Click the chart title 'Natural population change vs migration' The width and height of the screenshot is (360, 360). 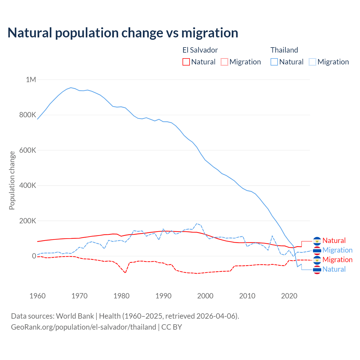(123, 33)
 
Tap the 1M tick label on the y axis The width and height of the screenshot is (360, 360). (31, 80)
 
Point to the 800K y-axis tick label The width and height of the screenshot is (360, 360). (28, 115)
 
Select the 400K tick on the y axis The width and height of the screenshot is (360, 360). (28, 185)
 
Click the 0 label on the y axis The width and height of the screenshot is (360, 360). (34, 256)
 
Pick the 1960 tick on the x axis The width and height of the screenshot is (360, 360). (37, 296)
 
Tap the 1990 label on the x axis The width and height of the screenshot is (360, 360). (163, 296)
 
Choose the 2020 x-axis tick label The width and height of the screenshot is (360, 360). (289, 296)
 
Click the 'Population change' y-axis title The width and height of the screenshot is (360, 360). (12, 180)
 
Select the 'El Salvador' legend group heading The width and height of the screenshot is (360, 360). (200, 50)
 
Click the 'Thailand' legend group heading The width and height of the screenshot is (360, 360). (284, 50)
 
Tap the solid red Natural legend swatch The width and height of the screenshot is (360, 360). (186, 62)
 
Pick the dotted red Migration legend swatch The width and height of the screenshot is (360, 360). (224, 62)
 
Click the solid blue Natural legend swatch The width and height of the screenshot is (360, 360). (274, 62)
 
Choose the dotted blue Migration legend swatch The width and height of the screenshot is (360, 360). (312, 62)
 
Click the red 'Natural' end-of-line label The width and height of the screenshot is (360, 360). (334, 240)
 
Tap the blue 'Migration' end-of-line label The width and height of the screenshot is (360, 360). (337, 250)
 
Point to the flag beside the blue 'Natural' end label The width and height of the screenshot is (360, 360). (317, 269)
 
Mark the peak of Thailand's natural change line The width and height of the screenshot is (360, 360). (71, 87)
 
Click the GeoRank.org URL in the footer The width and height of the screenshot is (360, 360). (84, 327)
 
